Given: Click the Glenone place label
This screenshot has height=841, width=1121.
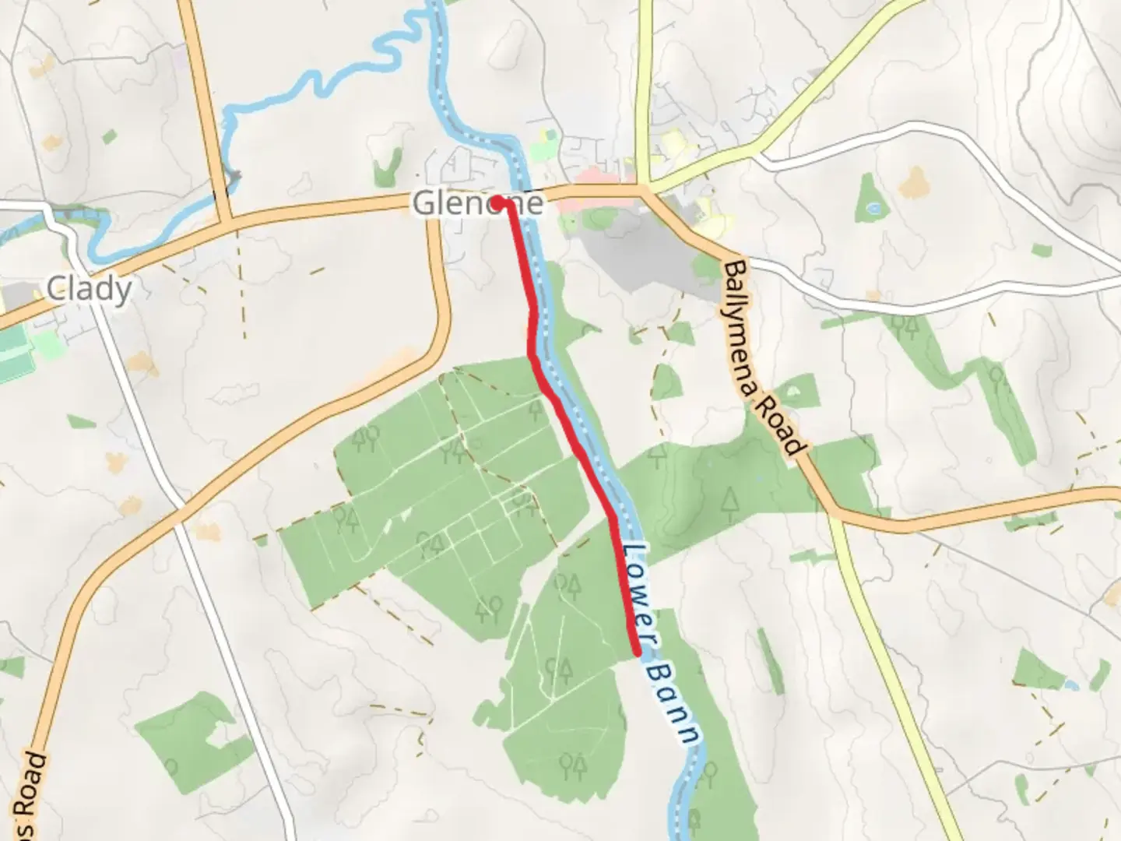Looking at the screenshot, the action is pyautogui.click(x=476, y=203).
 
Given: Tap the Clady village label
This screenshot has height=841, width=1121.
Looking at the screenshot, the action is pyautogui.click(x=89, y=289).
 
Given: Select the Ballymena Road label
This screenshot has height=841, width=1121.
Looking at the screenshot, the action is pyautogui.click(x=762, y=357).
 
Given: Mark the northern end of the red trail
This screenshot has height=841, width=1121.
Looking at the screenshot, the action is pyautogui.click(x=497, y=202).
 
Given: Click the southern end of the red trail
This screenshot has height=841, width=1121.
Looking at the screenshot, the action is pyautogui.click(x=638, y=653).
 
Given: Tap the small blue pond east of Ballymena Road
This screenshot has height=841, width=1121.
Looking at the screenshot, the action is pyautogui.click(x=873, y=209).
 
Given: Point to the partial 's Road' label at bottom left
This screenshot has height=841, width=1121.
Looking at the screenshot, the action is pyautogui.click(x=31, y=794).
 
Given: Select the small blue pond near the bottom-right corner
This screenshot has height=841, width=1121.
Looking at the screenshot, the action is pyautogui.click(x=1071, y=685).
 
